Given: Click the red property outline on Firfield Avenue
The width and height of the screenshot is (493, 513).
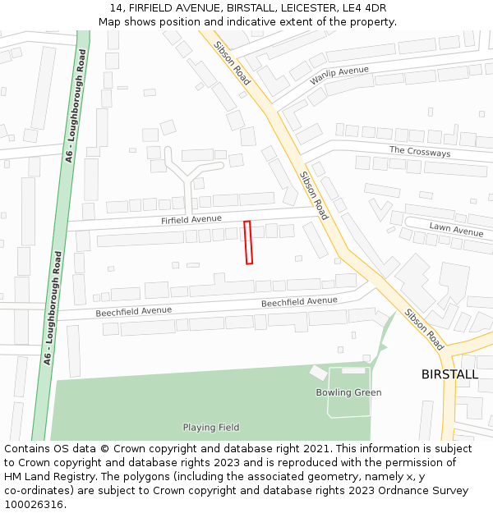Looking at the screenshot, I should pos(248,242).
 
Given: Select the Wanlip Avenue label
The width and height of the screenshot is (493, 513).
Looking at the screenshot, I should pos(339,76).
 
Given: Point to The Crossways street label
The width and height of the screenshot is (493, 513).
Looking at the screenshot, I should pos(420,151).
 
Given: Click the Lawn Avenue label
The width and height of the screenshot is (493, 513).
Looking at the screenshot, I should pos(456,228).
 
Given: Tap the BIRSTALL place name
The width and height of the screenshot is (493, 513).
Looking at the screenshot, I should pos(449,374).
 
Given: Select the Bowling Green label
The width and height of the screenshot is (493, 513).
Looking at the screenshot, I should pos(348,392).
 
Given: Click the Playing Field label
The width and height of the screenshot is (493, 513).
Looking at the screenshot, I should pos(211,427).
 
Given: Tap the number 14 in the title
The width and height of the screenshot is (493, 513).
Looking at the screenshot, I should pos(115,8).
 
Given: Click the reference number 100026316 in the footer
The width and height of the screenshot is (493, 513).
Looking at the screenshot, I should pos(34,505).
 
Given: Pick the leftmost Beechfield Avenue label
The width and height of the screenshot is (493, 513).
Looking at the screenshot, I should pos(133,311).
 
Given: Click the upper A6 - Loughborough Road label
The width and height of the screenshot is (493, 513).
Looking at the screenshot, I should pos(76,105).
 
